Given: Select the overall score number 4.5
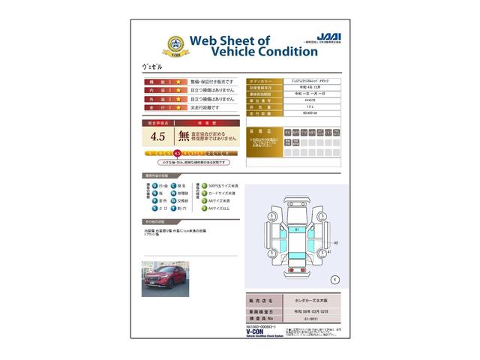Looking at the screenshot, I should tap(157, 136).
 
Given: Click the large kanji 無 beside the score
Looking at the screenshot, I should tap(184, 136).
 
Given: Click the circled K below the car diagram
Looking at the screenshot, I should tap(334, 279).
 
